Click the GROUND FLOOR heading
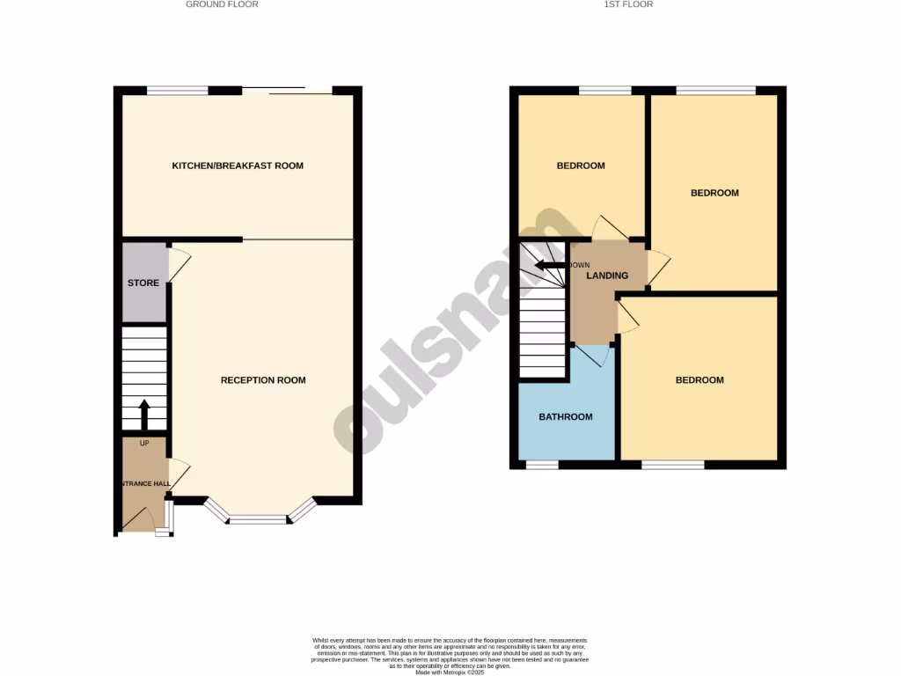click(x=222, y=4)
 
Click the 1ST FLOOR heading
click(x=628, y=4)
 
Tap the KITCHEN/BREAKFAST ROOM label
click(x=238, y=165)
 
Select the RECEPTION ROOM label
click(x=263, y=380)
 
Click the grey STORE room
click(x=143, y=283)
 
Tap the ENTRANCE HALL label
click(x=144, y=484)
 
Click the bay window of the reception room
click(x=259, y=519)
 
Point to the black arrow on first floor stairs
click(x=552, y=266)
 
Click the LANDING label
click(x=608, y=276)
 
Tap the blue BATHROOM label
click(x=566, y=417)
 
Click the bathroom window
click(x=542, y=464)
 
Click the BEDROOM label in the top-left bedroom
click(x=581, y=165)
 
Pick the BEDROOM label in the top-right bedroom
click(x=714, y=193)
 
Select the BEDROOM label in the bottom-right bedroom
click(x=700, y=380)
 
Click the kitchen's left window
click(x=178, y=90)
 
